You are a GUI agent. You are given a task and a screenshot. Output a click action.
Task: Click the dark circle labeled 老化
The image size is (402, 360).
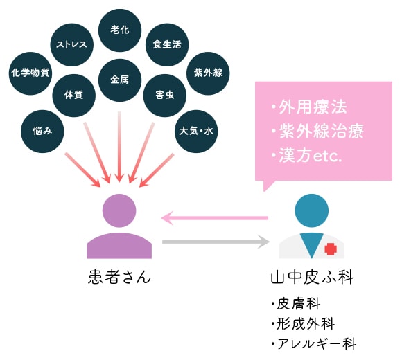(x=120, y=30)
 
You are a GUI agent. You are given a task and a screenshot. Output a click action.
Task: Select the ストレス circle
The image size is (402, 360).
(x=72, y=45)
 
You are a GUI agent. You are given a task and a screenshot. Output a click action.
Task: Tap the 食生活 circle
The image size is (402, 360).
(x=167, y=45)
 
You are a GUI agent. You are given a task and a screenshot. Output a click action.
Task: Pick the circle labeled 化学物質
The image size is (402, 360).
(x=30, y=73)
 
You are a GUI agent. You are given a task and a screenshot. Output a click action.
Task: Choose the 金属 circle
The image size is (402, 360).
(x=120, y=80)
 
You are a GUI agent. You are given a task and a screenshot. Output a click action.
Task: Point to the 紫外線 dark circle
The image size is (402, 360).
(x=208, y=73)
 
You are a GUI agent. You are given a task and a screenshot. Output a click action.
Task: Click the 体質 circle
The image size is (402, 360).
(x=74, y=96)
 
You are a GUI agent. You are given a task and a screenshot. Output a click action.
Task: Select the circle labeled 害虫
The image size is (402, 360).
(x=165, y=96)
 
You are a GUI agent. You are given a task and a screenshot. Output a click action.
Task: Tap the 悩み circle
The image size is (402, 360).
(x=42, y=132)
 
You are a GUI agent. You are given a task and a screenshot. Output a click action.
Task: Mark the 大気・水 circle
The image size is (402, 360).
(x=196, y=132)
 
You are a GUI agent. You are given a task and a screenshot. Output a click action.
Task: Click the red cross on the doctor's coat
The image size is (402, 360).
(x=331, y=249)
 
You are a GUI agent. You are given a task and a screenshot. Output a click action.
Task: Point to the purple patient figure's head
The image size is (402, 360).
(x=119, y=210)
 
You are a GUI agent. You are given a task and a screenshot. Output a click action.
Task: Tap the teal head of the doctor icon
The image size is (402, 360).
(x=311, y=210)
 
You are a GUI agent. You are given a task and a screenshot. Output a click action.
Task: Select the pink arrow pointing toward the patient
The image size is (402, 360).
(x=215, y=218)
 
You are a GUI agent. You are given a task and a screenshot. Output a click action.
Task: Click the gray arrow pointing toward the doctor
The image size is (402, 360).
(x=216, y=242)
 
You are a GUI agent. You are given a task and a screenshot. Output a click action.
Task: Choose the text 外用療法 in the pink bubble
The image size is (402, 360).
(x=313, y=107)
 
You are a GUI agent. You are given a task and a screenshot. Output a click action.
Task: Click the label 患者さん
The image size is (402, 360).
(x=119, y=277)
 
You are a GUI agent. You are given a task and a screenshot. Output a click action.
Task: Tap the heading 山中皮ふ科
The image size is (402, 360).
(x=313, y=277)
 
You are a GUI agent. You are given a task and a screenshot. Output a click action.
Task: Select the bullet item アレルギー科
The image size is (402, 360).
(x=317, y=343)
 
